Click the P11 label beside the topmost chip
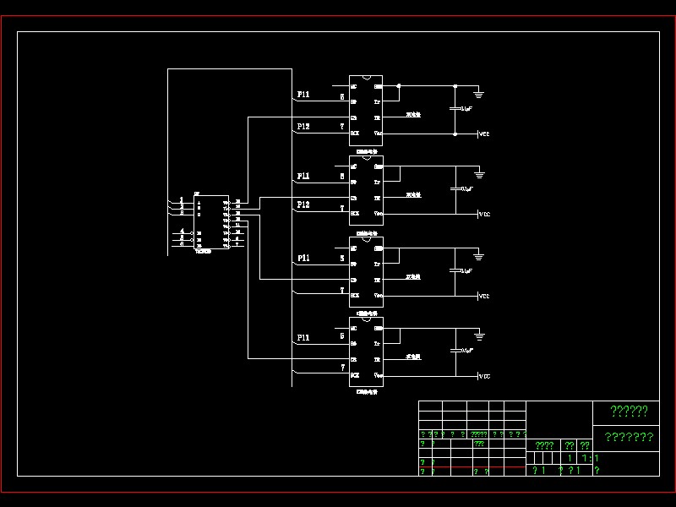coord(303,95)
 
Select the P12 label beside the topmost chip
coord(303,126)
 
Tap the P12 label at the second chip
coord(303,205)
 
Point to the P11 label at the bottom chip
coord(303,337)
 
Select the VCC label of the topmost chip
coord(484,134)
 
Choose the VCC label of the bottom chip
coord(484,376)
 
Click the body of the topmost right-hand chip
coord(366,110)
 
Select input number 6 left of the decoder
coord(182,244)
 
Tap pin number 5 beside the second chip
coord(342,177)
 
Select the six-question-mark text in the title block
coord(629,412)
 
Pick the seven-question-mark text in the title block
coord(629,437)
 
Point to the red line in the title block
coord(473,466)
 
